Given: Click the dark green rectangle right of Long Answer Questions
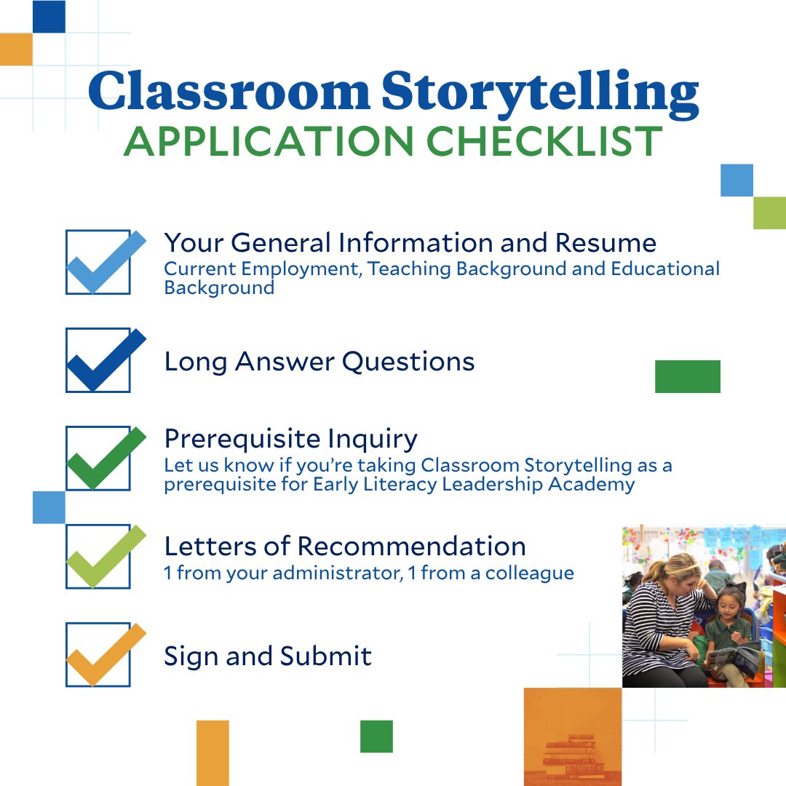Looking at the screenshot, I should tap(687, 376).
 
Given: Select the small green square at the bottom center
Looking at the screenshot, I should tap(376, 736).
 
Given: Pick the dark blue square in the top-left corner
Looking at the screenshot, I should tap(49, 16).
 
